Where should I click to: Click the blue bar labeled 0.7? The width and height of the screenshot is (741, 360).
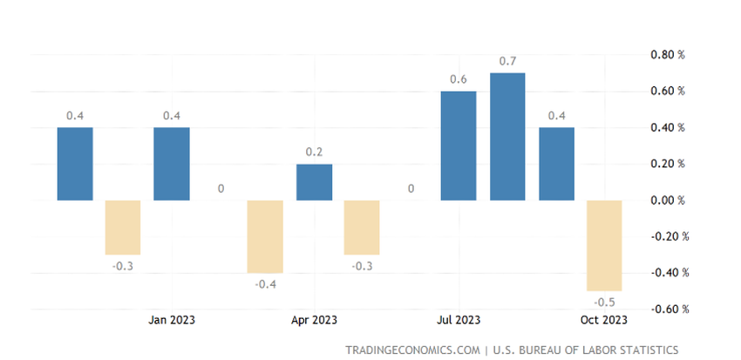click(x=507, y=137)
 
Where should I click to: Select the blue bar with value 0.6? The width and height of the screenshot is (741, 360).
click(x=459, y=146)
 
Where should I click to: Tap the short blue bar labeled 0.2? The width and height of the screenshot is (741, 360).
click(x=314, y=182)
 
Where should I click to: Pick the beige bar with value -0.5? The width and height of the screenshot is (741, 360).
click(x=603, y=246)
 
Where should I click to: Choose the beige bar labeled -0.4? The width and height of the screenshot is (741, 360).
click(x=265, y=236)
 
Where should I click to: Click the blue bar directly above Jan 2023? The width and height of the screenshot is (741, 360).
click(x=171, y=164)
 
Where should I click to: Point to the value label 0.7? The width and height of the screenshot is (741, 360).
click(x=507, y=61)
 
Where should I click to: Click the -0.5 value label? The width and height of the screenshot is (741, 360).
click(x=603, y=302)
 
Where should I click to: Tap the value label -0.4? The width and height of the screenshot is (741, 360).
click(x=265, y=284)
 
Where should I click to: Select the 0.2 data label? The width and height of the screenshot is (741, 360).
click(x=314, y=152)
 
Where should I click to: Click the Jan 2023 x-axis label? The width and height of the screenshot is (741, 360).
click(x=171, y=319)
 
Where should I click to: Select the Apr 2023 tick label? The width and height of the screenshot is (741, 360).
click(x=314, y=319)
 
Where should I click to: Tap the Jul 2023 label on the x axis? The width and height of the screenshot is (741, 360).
click(x=459, y=319)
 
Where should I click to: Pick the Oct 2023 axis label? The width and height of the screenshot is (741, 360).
click(x=603, y=319)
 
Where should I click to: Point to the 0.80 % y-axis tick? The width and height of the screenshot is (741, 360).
click(x=668, y=54)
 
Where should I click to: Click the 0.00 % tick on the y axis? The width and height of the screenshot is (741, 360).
click(x=668, y=200)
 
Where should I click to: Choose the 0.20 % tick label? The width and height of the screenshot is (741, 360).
click(x=668, y=164)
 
